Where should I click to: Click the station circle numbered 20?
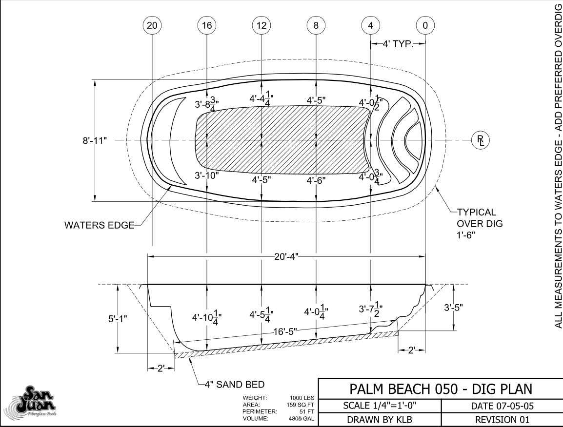[x=152, y=26]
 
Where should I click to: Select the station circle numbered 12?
[x=261, y=26]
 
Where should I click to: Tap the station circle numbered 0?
[x=425, y=26]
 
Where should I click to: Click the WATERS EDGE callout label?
[x=100, y=225]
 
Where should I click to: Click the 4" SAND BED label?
[x=234, y=384]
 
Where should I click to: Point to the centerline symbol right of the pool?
[x=481, y=140]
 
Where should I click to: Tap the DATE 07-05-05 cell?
[x=502, y=406]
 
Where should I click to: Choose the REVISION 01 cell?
[x=502, y=419]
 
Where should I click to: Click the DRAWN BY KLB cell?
[x=380, y=419]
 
